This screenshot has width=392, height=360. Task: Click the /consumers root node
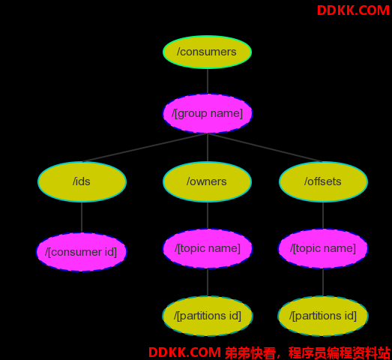point(208,52)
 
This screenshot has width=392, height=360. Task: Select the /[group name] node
point(208,113)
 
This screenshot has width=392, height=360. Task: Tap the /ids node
point(82,181)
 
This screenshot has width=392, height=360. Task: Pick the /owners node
point(208,181)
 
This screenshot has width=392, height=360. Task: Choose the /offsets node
point(323,181)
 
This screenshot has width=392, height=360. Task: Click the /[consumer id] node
point(82,252)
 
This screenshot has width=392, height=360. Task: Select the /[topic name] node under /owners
point(208,248)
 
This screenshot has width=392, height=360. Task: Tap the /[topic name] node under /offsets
point(323,248)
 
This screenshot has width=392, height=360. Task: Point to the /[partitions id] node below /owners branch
point(208,316)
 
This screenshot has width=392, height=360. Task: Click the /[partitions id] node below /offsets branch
point(323,316)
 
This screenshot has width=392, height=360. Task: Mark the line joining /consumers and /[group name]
point(208,81)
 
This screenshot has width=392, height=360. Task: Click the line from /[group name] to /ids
point(145,148)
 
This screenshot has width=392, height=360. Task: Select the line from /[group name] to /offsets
point(265,148)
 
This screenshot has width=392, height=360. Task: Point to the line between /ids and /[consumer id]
point(82,217)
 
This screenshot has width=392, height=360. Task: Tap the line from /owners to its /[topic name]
point(208,215)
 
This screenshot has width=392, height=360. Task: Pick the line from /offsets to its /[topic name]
point(323,215)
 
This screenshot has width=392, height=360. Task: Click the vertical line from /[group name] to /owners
point(208,148)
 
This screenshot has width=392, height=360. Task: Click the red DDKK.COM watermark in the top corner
point(353,10)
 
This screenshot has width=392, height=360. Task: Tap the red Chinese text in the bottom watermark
point(307,352)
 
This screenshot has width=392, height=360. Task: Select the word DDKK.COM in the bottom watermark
point(184,352)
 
